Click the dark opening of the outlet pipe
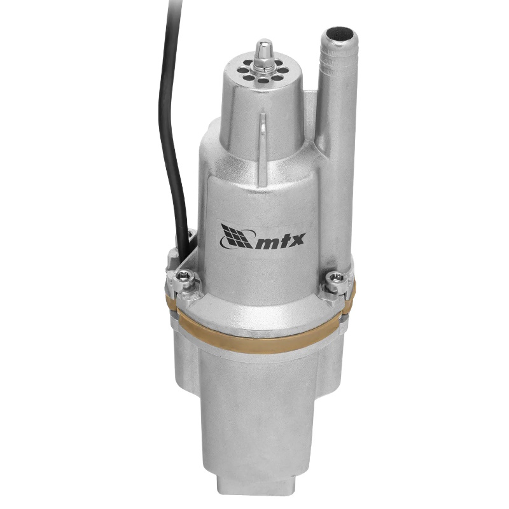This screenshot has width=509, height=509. [341, 34]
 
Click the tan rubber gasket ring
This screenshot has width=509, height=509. [263, 328]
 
